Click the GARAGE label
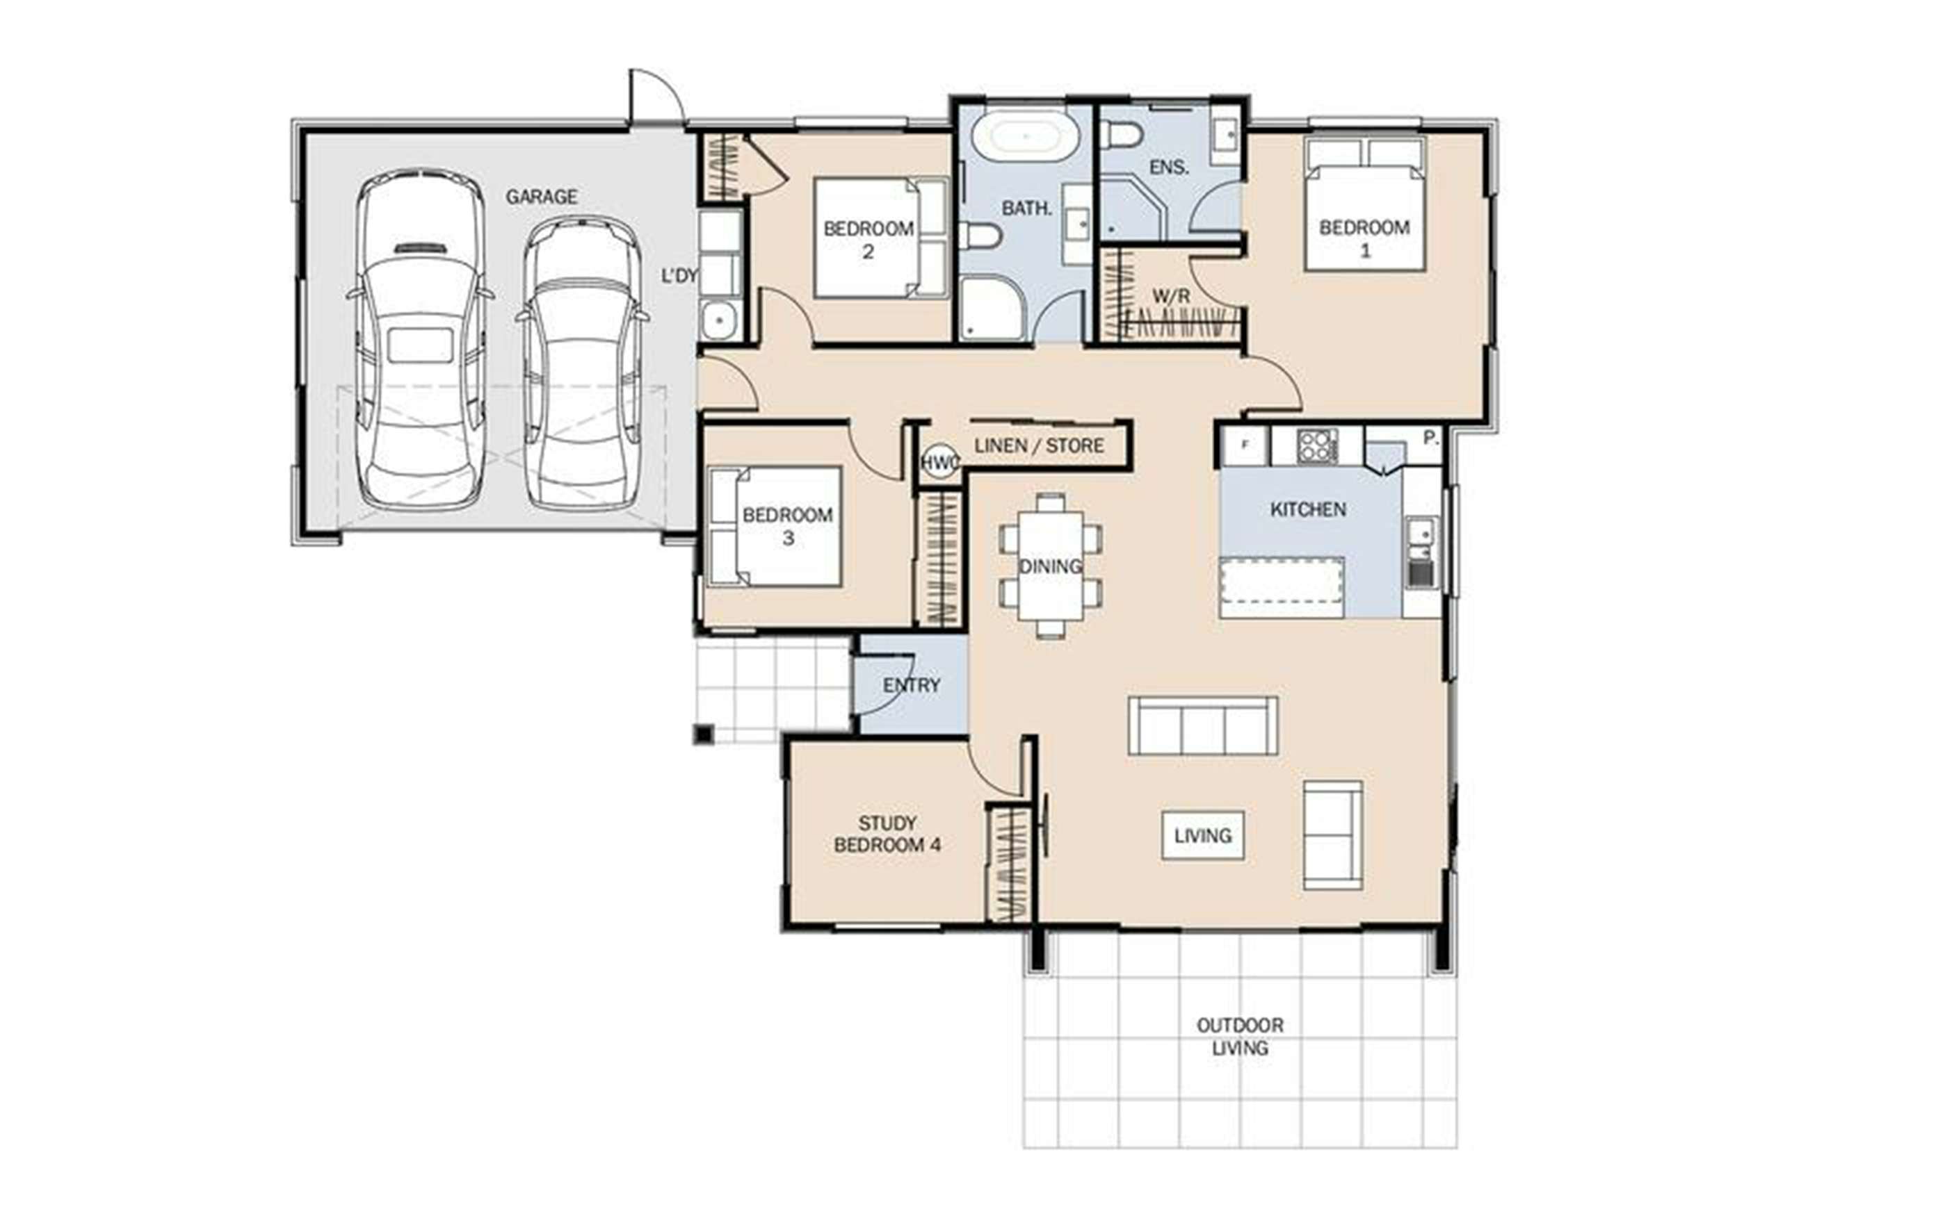point(542,196)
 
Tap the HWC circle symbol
point(939,463)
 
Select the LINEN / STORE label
point(1039,445)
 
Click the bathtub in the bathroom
point(1026,137)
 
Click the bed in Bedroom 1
point(1364,204)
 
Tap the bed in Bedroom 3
point(775,526)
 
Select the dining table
point(1050,566)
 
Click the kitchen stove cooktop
point(1317,445)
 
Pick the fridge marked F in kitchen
point(1245,445)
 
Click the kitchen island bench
point(1282,588)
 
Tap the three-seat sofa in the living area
point(1203,725)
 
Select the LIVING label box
point(1203,836)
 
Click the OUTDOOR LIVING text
point(1240,1037)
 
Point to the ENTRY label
point(912,685)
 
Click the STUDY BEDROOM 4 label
point(887,834)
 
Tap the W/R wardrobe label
point(1170,297)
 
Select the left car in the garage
point(420,339)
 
